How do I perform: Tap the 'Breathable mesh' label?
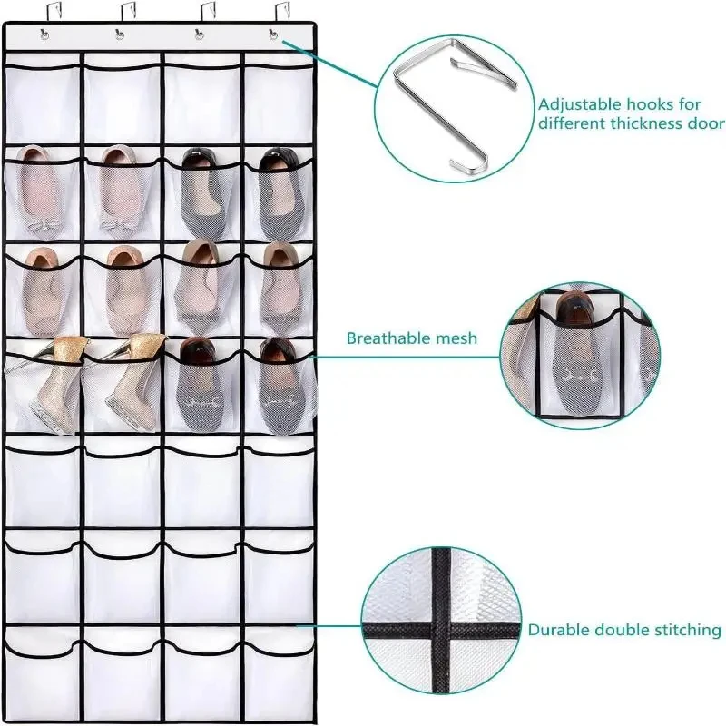[x=411, y=338]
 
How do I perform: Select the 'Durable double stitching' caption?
[x=624, y=629]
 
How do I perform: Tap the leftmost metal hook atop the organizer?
[x=42, y=15]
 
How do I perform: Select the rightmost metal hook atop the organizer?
[x=271, y=15]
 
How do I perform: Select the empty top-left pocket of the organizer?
[x=44, y=100]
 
